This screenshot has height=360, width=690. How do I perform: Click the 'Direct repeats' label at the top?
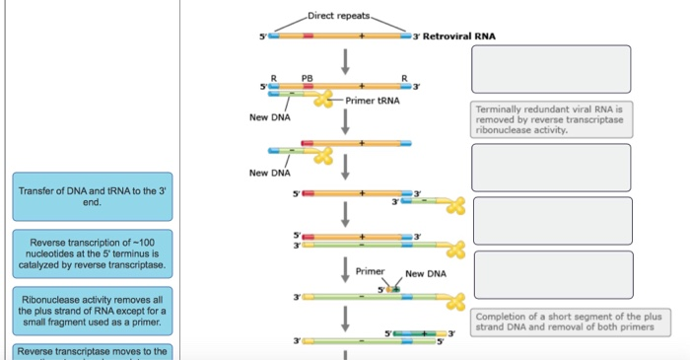339,16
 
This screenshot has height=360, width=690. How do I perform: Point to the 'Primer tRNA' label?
372,101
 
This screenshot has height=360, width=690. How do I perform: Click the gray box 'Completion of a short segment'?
569,322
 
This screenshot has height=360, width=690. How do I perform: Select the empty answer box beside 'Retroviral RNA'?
551,69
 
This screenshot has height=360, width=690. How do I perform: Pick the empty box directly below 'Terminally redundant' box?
551,168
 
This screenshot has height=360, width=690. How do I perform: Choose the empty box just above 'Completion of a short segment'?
551,273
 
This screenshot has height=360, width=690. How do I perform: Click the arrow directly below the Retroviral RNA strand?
346,60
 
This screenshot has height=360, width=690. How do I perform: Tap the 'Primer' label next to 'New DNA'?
371,270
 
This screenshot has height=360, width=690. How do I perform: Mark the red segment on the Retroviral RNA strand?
309,36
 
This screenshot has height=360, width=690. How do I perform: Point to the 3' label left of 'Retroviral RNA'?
418,36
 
